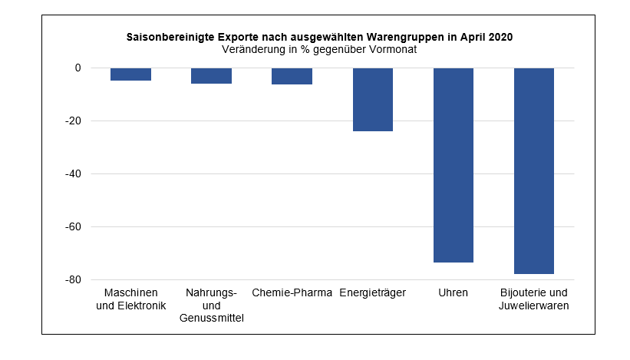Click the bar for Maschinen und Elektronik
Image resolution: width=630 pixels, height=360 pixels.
point(130,74)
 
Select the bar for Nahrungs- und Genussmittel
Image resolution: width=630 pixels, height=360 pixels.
point(211,76)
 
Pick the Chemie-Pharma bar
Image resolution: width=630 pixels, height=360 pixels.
point(292,76)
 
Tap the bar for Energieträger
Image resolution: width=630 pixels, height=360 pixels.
point(373,100)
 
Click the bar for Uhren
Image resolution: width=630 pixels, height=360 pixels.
point(454,165)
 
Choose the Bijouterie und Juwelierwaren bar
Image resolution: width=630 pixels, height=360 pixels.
point(534,170)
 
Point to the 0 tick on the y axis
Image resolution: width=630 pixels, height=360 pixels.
point(78,68)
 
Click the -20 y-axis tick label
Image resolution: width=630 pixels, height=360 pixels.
point(73,121)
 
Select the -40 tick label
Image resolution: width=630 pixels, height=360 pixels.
point(73,174)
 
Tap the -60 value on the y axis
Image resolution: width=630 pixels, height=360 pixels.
point(73,227)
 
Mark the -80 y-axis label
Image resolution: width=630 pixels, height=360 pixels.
point(73,280)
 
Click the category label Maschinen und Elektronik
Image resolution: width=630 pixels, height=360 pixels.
point(130,299)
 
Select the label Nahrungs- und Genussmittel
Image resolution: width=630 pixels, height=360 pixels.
point(211,306)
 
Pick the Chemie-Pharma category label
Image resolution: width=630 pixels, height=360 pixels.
point(292,293)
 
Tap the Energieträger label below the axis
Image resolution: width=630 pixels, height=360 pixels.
point(373,293)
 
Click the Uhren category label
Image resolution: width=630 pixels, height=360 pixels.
point(454,293)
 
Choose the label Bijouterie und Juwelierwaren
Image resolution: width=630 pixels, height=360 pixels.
point(534,299)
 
